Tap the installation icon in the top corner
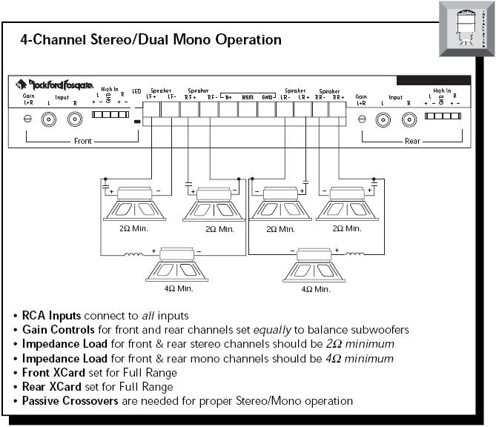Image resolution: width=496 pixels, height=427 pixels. pos(466,27)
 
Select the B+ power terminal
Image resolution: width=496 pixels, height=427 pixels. pos(228,110)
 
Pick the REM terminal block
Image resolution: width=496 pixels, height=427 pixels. pos(248,110)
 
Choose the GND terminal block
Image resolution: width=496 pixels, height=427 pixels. pos(267,110)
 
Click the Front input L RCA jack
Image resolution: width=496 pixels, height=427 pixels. pos(50,119)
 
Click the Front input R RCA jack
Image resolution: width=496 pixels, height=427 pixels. pos(74,119)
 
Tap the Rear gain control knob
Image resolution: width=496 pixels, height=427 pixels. pos(362,119)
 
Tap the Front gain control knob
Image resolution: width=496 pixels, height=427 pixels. pos(27,119)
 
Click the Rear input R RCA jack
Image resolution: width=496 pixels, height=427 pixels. pos(409,119)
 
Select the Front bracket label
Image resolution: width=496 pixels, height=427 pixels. pos(82,141)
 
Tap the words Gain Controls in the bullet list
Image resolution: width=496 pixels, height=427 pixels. pos(57,329)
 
